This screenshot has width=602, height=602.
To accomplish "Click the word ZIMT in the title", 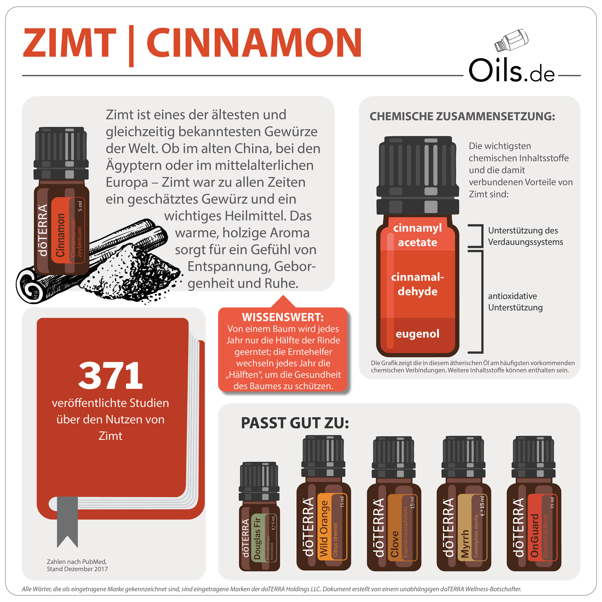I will click(x=69, y=43).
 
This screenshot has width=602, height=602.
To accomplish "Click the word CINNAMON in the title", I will click(x=254, y=43).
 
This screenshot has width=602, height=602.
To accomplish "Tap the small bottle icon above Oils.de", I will click(x=511, y=41).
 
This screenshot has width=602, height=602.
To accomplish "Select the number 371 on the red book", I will click(x=110, y=376).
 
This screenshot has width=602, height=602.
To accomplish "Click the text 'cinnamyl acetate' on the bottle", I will click(x=417, y=235).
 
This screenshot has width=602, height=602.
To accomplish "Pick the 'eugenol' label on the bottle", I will click(x=417, y=334).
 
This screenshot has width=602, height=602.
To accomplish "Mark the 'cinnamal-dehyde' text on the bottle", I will click(x=417, y=284).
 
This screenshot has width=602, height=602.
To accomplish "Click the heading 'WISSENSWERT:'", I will click(x=283, y=317).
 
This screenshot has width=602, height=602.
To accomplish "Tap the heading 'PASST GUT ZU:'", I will click(x=295, y=423).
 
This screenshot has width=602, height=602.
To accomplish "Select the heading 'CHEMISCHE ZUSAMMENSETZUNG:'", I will click(x=462, y=116).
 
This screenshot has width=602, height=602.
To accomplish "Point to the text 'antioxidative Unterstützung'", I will click(x=515, y=302).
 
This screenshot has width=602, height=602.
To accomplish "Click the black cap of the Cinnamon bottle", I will click(x=61, y=153).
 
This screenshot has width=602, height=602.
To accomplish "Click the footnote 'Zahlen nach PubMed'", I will click(x=77, y=562).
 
